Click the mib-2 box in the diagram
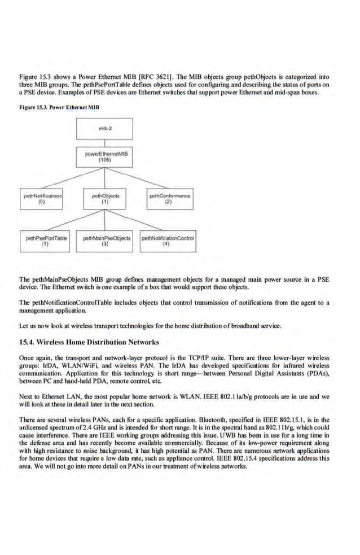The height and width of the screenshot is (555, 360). tap(105, 128)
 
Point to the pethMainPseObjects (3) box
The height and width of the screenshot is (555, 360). tap(105, 243)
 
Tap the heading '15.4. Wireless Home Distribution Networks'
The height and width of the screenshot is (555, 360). tap(90, 342)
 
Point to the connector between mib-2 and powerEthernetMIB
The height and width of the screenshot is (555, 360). tap(105, 142)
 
